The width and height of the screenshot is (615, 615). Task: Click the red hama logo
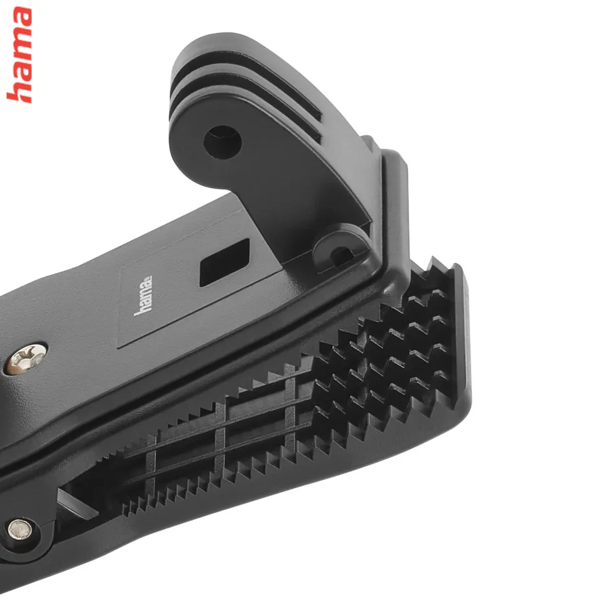pyautogui.click(x=19, y=55)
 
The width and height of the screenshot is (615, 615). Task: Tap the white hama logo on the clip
pyautogui.click(x=143, y=295)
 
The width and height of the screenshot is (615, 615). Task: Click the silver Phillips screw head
pyautogui.click(x=25, y=359)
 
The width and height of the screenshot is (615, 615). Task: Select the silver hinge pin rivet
pyautogui.click(x=20, y=529)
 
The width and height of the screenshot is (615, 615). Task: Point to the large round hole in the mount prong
pyautogui.click(x=223, y=142)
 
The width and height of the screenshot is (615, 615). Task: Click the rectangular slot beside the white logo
pyautogui.click(x=225, y=262)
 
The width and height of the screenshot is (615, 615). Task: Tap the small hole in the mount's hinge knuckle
pyautogui.click(x=341, y=256)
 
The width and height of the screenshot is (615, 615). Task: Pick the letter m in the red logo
pyautogui.click(x=19, y=42)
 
